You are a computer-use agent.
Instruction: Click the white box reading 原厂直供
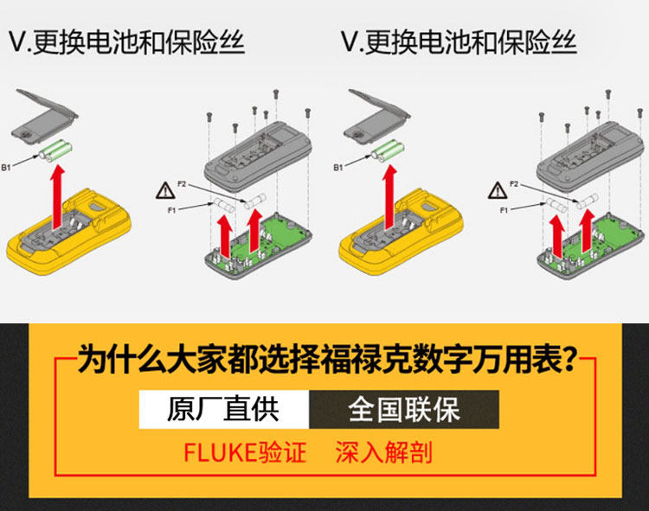click(223, 409)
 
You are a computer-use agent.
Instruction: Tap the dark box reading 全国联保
click(404, 409)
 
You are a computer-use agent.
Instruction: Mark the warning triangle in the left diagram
click(163, 191)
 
